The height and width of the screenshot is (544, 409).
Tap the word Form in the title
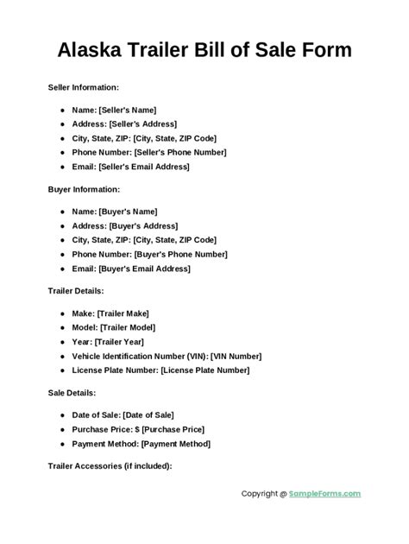tap(320, 50)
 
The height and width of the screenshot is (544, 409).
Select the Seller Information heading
tap(84, 87)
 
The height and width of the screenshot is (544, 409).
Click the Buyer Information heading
tap(84, 188)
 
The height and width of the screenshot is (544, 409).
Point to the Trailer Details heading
tap(74, 289)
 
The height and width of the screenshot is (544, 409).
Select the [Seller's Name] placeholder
tap(128, 111)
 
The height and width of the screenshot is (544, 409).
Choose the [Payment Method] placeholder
tap(174, 444)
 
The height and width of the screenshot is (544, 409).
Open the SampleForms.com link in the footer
tap(325, 494)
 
